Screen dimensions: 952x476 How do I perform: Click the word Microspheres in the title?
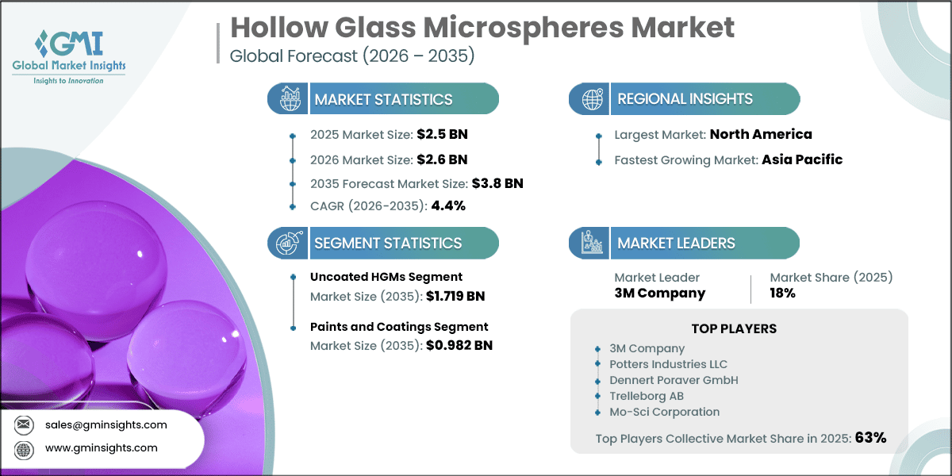[523, 28]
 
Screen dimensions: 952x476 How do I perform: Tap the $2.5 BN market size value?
[442, 134]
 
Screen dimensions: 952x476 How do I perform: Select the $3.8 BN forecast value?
[497, 183]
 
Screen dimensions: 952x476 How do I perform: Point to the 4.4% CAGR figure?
[448, 205]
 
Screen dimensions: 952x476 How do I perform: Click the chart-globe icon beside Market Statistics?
[290, 98]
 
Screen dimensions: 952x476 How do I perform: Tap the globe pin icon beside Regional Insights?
[593, 99]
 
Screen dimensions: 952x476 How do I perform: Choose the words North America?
[761, 134]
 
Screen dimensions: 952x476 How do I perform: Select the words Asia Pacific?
[802, 159]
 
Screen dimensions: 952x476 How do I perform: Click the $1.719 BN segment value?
[455, 296]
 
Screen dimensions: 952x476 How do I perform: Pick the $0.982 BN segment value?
[459, 345]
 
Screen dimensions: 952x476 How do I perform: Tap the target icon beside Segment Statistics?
[290, 243]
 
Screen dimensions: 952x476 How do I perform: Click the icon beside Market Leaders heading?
[592, 243]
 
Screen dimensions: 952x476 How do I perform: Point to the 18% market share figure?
[782, 293]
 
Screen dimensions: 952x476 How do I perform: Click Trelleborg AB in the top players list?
[647, 396]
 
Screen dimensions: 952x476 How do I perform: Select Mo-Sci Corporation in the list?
[664, 412]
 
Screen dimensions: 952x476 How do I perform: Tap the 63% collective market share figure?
[870, 437]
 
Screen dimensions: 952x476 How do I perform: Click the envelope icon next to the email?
[23, 424]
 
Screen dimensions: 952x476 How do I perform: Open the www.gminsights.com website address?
[102, 448]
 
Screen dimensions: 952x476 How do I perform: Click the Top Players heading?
[734, 328]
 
